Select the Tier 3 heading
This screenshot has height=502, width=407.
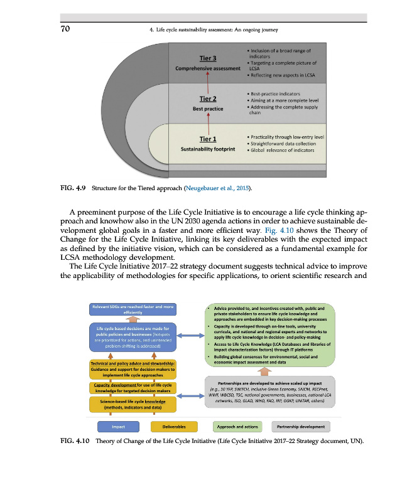click(x=208, y=58)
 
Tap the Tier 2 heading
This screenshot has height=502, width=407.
click(x=208, y=99)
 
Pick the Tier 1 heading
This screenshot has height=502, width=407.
click(x=208, y=139)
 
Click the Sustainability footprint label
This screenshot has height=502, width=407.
click(x=208, y=150)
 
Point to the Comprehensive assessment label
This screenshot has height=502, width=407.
click(x=208, y=68)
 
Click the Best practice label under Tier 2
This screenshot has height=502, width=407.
click(x=208, y=109)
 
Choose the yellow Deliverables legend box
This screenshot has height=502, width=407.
click(x=173, y=427)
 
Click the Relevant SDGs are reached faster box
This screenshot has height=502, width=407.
click(x=133, y=309)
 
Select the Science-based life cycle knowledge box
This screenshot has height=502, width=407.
click(x=133, y=403)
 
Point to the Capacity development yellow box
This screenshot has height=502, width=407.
click(x=133, y=387)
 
